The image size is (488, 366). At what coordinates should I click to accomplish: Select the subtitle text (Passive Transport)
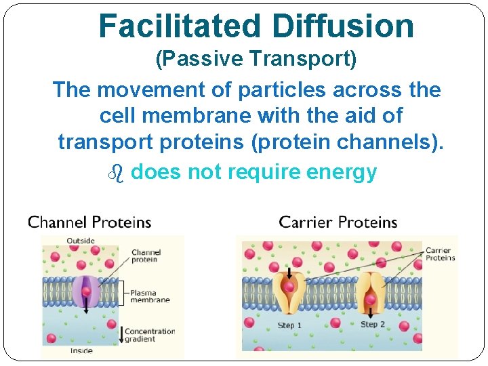[256, 60]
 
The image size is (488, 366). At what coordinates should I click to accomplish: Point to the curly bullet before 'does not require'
[115, 173]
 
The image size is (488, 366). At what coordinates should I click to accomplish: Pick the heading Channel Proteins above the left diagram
[89, 222]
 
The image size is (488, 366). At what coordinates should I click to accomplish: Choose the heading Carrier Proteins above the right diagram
[338, 222]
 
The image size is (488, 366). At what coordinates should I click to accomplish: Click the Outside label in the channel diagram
[81, 241]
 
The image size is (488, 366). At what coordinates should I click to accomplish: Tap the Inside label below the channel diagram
[81, 351]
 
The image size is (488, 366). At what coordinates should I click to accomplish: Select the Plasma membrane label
[150, 296]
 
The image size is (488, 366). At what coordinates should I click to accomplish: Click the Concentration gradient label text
[150, 335]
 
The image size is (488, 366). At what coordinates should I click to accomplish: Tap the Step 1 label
[289, 326]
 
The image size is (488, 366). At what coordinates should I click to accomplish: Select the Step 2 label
[373, 325]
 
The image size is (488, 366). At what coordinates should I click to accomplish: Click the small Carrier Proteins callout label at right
[441, 254]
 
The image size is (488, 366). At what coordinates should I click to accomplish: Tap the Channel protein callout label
[146, 256]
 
